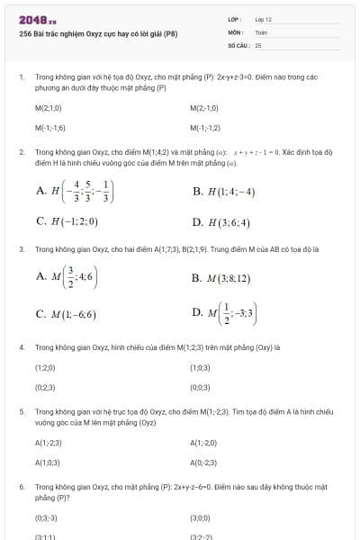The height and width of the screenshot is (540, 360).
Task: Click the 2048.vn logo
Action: (x=37, y=19)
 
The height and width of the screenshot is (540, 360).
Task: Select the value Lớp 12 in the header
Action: (x=263, y=19)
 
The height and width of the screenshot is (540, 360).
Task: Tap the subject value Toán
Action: (x=261, y=31)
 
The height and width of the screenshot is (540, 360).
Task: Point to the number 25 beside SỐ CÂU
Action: (x=258, y=44)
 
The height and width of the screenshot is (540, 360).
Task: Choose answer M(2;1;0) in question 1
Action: (x=49, y=108)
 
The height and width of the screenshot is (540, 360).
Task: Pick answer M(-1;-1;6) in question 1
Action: (x=50, y=127)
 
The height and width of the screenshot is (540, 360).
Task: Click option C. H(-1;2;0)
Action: (x=67, y=220)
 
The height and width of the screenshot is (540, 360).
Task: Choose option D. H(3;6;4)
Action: (x=220, y=221)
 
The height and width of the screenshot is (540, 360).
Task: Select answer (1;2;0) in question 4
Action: (x=45, y=368)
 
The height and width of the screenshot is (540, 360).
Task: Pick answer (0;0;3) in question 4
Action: (x=200, y=387)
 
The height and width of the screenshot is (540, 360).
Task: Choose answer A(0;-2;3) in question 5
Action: (x=204, y=462)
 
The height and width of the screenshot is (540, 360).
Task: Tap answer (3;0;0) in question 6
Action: (x=200, y=517)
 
